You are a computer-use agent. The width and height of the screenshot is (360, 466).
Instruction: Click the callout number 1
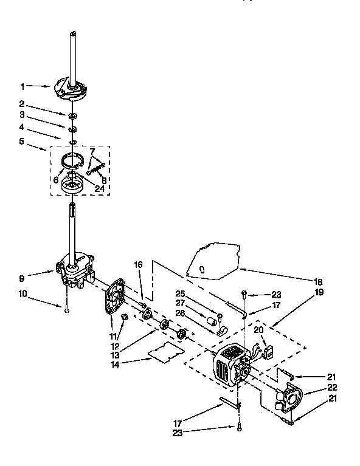22,86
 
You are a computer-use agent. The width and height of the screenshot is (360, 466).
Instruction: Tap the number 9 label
22,279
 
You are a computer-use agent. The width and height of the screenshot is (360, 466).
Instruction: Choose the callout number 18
319,281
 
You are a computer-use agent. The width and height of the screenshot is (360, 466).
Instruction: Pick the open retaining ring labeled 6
74,162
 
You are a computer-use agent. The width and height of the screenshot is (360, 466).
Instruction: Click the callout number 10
22,295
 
